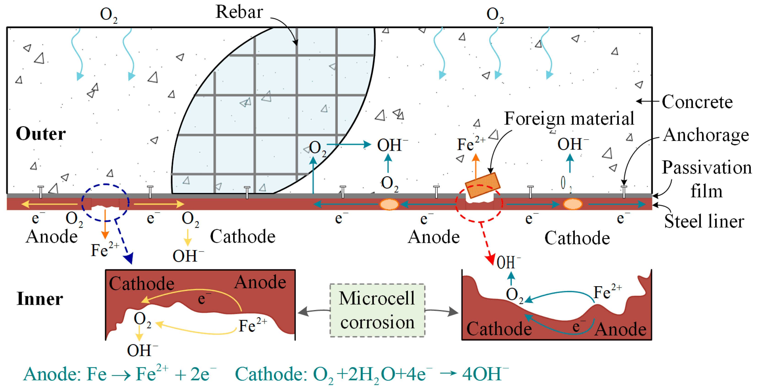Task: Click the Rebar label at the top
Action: (x=239, y=12)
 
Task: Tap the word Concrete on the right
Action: (x=697, y=102)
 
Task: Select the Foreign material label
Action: (x=569, y=119)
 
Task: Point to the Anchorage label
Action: (x=706, y=135)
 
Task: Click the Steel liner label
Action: (x=704, y=221)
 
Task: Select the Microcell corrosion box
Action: (x=377, y=310)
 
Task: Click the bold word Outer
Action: (x=41, y=134)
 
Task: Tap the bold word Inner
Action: (x=40, y=299)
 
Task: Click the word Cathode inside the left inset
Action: (x=142, y=284)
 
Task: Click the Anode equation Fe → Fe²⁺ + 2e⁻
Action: (x=119, y=374)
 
